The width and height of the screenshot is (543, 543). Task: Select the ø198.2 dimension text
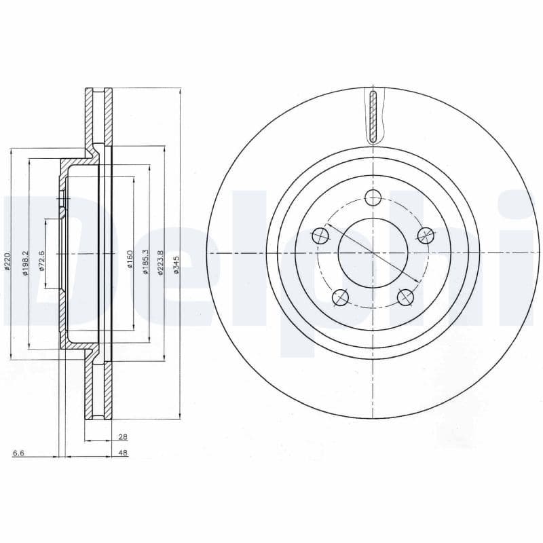pos(26,263)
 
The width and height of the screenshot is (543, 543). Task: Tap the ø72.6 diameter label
pos(42,261)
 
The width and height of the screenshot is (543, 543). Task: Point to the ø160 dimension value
pos(129,259)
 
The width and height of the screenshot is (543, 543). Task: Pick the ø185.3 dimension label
pos(145,261)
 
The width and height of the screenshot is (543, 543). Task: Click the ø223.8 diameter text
pos(161,261)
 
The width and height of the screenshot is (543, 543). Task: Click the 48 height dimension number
pos(123,453)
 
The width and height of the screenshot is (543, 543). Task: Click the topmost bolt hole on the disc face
pos(373,198)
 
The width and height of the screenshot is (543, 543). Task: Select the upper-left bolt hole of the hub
pos(320,236)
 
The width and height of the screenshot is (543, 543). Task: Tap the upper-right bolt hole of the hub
pos(425,236)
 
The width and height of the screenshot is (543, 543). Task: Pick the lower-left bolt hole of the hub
pos(340,297)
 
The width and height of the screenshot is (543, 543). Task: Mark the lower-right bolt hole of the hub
pos(405,297)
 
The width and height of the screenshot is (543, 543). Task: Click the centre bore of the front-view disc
pos(373,252)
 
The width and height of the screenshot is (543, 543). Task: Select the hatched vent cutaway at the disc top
pos(373,115)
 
